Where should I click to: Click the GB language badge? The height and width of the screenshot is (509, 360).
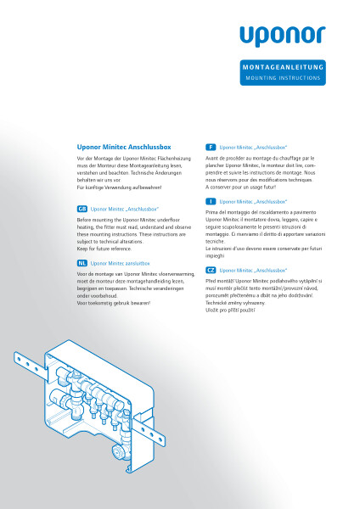pos(82,208)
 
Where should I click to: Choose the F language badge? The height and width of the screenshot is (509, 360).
pos(211,147)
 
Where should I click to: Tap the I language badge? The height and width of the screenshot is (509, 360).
pos(211,201)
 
